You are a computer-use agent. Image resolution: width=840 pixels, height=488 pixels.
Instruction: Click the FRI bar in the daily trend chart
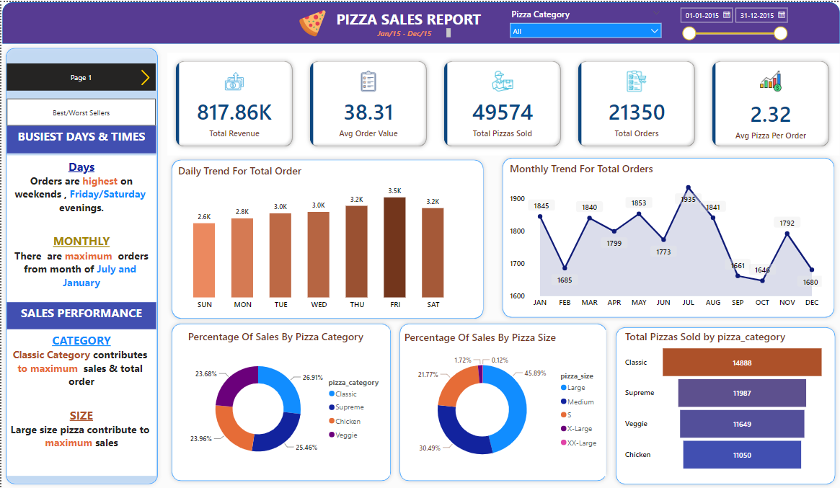[x=394, y=247]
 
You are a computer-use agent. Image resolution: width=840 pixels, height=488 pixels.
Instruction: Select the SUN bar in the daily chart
[x=204, y=260]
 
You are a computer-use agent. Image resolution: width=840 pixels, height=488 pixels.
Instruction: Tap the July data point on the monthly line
[x=688, y=187]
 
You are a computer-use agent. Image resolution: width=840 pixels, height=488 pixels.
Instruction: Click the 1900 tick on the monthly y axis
[x=517, y=198]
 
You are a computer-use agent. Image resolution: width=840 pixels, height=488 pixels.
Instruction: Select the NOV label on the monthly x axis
[x=787, y=303]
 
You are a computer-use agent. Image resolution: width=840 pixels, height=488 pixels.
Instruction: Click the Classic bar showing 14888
[x=742, y=363]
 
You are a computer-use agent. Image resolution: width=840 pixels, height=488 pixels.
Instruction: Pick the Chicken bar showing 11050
[x=742, y=455]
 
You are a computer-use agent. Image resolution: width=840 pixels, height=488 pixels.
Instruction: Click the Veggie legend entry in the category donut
[x=345, y=435]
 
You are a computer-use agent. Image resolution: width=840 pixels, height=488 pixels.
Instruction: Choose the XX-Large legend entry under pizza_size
[x=581, y=443]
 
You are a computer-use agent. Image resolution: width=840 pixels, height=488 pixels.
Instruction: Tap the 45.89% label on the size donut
[x=535, y=373]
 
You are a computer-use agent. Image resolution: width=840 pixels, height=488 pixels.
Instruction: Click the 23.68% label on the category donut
[x=206, y=373]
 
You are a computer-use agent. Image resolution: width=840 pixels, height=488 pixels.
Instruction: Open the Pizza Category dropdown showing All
[x=585, y=31]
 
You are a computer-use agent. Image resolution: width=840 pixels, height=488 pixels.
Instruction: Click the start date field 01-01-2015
[x=706, y=15]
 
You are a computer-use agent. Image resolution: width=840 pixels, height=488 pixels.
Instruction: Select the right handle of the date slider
[x=780, y=33]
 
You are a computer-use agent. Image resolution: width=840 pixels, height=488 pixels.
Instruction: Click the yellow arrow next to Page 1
[x=145, y=77]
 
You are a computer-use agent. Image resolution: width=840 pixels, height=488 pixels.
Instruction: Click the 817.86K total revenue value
[x=234, y=112]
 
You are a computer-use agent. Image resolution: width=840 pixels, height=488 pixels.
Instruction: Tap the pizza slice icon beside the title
[x=312, y=24]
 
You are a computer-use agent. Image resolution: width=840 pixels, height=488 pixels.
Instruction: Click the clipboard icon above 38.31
[x=368, y=81]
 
